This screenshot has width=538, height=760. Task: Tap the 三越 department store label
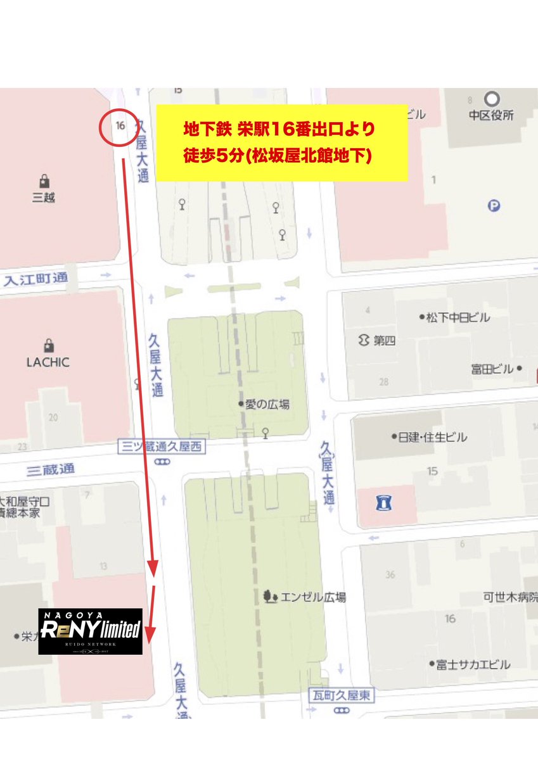pyautogui.click(x=44, y=197)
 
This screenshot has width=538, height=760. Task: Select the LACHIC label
pyautogui.click(x=48, y=362)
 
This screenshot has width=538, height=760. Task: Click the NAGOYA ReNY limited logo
pyautogui.click(x=91, y=631)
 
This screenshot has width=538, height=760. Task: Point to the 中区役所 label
pyautogui.click(x=491, y=115)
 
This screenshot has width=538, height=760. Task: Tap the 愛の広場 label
pyautogui.click(x=267, y=403)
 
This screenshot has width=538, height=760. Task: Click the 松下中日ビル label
pyautogui.click(x=458, y=317)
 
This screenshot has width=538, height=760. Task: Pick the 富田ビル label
pyautogui.click(x=492, y=369)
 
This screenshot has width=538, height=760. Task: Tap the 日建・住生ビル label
pyautogui.click(x=433, y=437)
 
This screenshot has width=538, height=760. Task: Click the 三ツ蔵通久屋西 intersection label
pyautogui.click(x=162, y=447)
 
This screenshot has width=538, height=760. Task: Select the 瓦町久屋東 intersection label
pyautogui.click(x=341, y=696)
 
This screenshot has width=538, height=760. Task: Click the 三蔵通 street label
pyautogui.click(x=51, y=470)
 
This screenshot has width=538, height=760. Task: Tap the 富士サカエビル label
pyautogui.click(x=473, y=664)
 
